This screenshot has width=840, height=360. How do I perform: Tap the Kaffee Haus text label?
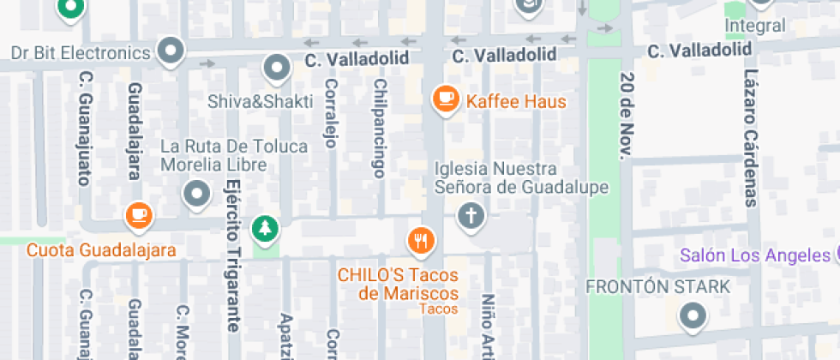click(x=516, y=101)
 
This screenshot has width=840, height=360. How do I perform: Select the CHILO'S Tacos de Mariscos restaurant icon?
click(x=420, y=240)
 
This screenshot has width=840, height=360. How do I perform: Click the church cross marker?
click(x=470, y=215)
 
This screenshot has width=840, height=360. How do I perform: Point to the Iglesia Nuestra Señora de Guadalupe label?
click(x=521, y=177)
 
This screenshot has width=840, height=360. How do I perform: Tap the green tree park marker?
click(x=265, y=229)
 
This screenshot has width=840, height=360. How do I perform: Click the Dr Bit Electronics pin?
click(x=172, y=49)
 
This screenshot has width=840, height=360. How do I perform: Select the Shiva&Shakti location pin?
click(x=276, y=69)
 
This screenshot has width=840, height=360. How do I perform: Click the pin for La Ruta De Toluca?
click(x=198, y=193)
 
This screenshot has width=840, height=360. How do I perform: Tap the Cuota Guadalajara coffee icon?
click(x=138, y=215)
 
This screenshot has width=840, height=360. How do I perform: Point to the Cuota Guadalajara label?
click(x=101, y=250)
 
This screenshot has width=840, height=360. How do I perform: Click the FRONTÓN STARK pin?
click(x=692, y=318)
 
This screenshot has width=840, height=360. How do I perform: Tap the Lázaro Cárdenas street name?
click(x=751, y=137)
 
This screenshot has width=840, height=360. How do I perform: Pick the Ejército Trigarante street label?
click(x=233, y=256)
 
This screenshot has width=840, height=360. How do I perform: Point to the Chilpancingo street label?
click(x=378, y=129)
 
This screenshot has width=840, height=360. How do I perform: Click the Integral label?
click(x=754, y=26)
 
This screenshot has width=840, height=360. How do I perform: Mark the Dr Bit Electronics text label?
click(x=81, y=52)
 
